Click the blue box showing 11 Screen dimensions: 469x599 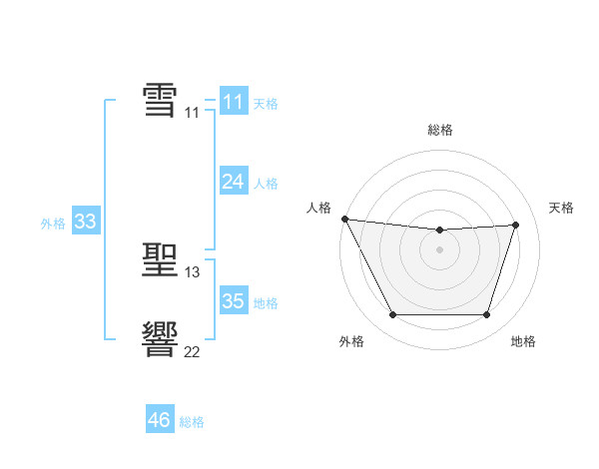[233, 102]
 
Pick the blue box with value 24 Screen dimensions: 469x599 [233, 182]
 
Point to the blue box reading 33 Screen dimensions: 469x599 [85, 222]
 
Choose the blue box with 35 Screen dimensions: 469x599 [233, 301]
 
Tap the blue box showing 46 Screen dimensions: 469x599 [160, 420]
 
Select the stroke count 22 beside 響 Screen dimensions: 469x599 [192, 351]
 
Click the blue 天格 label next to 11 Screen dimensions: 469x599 [266, 104]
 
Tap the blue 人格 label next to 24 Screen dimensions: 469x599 [266, 184]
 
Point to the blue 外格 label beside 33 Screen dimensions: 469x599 [53, 224]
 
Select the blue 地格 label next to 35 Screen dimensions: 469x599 [266, 303]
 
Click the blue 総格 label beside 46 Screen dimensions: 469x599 [192, 422]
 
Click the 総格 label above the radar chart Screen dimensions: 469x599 [440, 130]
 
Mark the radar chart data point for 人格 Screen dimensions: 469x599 [344, 219]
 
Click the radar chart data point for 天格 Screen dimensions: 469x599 [516, 225]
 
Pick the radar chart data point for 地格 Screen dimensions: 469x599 [487, 315]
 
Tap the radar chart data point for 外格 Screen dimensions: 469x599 [392, 315]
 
